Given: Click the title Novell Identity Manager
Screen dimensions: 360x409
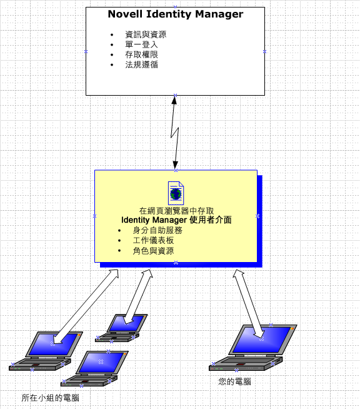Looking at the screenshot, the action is [x=176, y=14].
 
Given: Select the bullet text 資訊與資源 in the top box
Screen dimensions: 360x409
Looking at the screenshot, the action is [x=146, y=34].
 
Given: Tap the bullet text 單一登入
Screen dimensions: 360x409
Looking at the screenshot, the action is [x=141, y=44].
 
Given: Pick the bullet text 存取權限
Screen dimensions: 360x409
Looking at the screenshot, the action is [x=141, y=54].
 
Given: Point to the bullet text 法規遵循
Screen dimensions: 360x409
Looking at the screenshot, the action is [x=141, y=64].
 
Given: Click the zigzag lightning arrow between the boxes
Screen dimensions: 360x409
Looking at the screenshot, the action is [x=175, y=133].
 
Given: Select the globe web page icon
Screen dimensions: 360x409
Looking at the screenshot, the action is [x=176, y=193].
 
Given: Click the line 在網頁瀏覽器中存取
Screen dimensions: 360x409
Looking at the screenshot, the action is [x=176, y=211].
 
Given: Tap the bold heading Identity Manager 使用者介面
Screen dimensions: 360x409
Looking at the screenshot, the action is [x=176, y=220].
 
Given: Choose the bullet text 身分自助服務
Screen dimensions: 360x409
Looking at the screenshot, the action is [x=157, y=230].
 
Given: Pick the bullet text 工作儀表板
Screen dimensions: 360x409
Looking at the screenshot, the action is [x=153, y=241].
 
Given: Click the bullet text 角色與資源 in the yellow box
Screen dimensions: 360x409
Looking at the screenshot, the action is [x=153, y=251].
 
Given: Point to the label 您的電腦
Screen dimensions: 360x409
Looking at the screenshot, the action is [x=234, y=382].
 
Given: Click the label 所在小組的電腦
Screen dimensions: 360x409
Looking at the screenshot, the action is [x=50, y=398].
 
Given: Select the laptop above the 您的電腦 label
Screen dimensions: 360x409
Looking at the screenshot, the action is [x=252, y=348].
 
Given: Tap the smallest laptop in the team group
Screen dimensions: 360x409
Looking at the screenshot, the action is [x=121, y=328].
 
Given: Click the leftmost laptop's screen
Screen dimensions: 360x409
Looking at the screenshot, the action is [x=54, y=344].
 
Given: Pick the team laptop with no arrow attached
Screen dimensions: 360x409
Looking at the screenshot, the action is [x=94, y=368].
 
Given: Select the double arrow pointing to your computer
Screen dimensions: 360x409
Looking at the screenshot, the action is [x=249, y=304].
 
